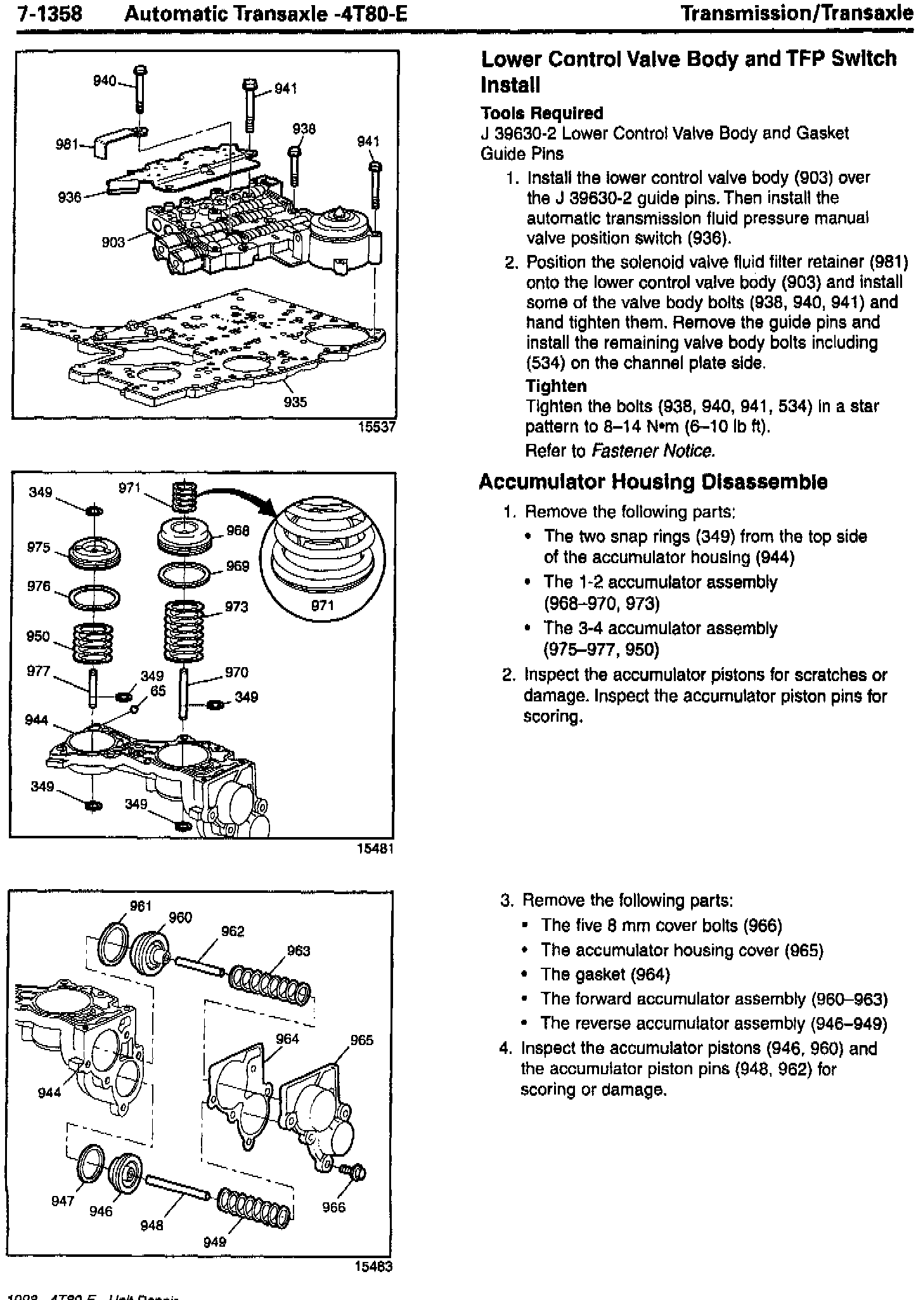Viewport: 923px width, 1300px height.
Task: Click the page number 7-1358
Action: click(x=49, y=13)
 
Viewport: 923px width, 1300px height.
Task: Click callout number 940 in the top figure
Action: click(x=105, y=81)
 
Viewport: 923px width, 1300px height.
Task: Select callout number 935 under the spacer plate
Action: click(x=295, y=402)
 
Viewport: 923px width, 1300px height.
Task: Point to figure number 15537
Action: click(x=377, y=427)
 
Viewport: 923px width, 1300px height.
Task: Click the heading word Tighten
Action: click(x=556, y=386)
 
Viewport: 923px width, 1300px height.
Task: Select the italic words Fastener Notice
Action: click(x=653, y=451)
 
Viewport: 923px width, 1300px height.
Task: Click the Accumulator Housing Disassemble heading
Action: click(x=653, y=482)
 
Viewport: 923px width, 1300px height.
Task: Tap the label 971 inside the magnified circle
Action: click(x=323, y=605)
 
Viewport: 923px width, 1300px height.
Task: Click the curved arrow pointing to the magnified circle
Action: click(x=238, y=493)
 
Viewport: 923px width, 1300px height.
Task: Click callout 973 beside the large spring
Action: click(x=236, y=607)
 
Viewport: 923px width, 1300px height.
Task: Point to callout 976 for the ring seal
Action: click(x=39, y=586)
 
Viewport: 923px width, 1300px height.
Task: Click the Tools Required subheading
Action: click(x=542, y=114)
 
